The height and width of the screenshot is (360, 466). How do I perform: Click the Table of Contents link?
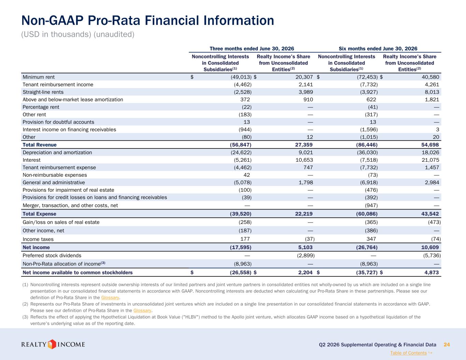(x=408, y=353)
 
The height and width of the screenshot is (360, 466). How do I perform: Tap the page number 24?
(x=447, y=345)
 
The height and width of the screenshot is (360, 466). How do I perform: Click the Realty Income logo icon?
(x=52, y=344)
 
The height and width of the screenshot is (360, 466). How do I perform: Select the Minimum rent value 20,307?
(x=304, y=77)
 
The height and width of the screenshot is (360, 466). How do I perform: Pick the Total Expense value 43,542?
(x=430, y=214)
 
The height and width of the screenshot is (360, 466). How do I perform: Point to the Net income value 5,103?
(x=306, y=247)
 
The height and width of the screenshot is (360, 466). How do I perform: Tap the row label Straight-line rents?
(x=43, y=92)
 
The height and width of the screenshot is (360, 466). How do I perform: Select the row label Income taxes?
(x=38, y=239)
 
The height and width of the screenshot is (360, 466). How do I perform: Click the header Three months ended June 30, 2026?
(x=252, y=49)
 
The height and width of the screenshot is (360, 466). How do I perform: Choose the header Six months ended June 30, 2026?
(x=378, y=49)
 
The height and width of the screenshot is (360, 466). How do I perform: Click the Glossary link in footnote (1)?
(x=110, y=298)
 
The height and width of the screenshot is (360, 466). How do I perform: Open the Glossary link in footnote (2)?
(x=142, y=310)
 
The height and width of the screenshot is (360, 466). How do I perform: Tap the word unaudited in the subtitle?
(x=114, y=34)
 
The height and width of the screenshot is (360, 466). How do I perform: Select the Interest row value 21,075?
(x=430, y=160)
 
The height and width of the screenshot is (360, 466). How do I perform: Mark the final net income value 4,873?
(x=432, y=272)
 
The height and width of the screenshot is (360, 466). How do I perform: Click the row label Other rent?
(x=34, y=114)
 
